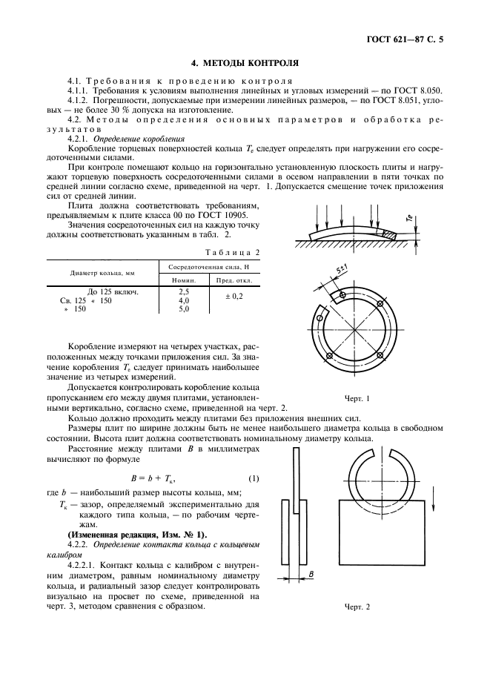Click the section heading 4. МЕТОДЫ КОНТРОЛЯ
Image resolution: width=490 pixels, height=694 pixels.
tap(245, 65)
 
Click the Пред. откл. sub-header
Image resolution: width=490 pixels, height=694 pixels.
tap(234, 281)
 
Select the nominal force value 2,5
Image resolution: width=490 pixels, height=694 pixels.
tap(184, 292)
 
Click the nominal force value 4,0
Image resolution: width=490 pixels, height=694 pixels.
tap(184, 301)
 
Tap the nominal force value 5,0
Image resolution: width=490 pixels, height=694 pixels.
tap(184, 309)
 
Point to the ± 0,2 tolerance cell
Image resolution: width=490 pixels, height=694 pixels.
tap(234, 297)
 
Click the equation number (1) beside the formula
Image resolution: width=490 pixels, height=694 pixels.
tap(253, 478)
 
